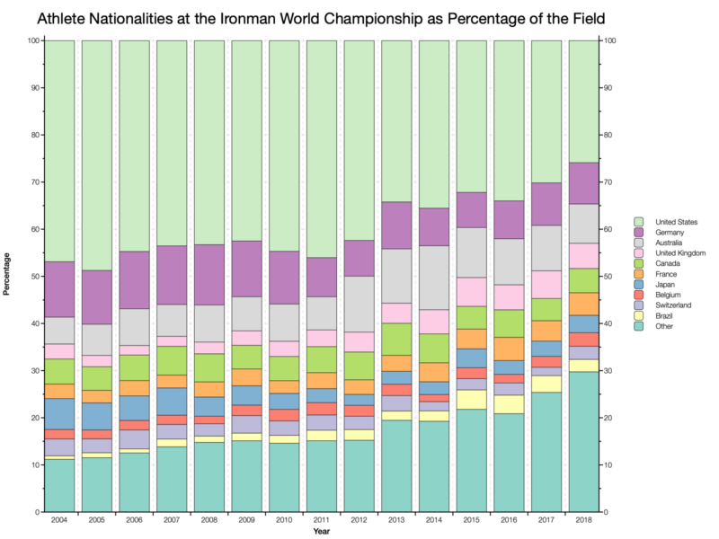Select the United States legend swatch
(x=639, y=221)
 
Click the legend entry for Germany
(x=669, y=233)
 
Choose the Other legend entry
(x=662, y=326)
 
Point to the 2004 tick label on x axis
(x=59, y=521)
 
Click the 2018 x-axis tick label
(x=583, y=521)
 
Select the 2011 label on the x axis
(x=321, y=521)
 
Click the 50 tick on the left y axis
(x=33, y=277)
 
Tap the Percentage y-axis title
(x=8, y=277)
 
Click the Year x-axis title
(x=321, y=532)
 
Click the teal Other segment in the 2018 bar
(x=583, y=441)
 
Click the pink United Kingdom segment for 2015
(x=471, y=292)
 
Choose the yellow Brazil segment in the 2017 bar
(x=546, y=384)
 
